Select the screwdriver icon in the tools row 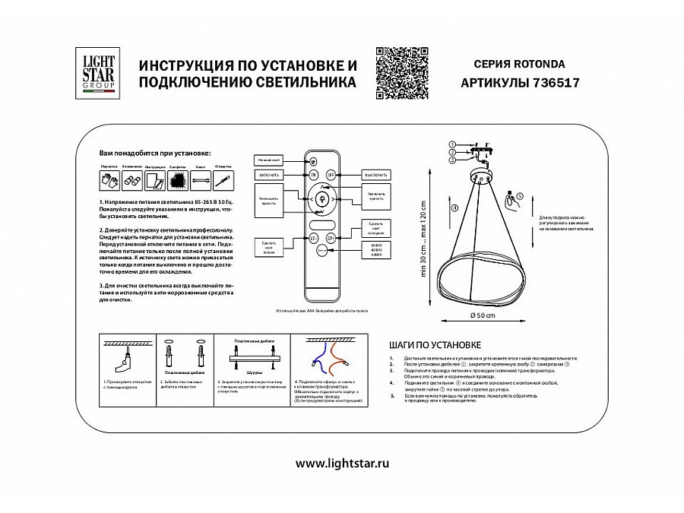point(223,181)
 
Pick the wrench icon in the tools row point(201,181)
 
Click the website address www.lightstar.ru point(342,462)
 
